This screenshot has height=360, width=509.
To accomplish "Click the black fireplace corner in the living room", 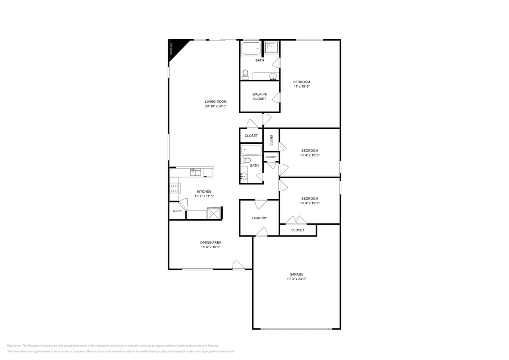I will [177, 46].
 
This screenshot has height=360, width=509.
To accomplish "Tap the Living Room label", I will [215, 102].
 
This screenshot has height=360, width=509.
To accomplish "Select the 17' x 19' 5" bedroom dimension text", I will [301, 87].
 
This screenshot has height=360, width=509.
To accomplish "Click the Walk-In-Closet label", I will [259, 96].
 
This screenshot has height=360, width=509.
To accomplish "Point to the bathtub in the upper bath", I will [250, 49].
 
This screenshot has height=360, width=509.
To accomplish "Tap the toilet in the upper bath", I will [245, 75].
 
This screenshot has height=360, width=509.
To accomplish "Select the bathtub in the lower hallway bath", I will [251, 150].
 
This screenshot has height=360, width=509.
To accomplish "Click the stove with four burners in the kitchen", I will [175, 188].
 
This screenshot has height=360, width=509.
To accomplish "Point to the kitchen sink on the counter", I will [195, 171].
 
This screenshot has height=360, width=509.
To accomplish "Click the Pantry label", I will [177, 211].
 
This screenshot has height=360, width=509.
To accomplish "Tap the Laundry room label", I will [259, 218].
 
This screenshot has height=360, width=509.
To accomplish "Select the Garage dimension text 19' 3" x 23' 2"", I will [297, 279].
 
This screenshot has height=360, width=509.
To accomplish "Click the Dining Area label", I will [210, 242].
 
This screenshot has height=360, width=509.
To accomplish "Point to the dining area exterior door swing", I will [238, 265].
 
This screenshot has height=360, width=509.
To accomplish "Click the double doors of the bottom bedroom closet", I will [296, 220].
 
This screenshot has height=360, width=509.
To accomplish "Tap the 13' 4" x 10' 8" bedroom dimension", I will [310, 155].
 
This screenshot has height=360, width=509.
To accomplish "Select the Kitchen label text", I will [204, 192].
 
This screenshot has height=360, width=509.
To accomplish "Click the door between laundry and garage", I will [261, 232].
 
